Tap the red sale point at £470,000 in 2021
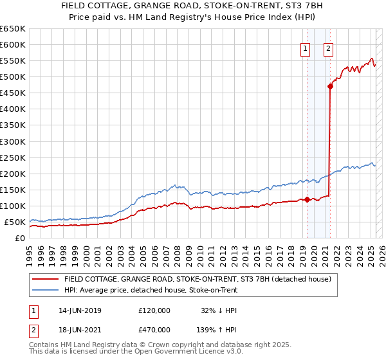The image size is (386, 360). tap(330, 85)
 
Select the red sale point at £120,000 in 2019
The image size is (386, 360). tap(307, 199)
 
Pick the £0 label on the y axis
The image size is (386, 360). tap(19, 238)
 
